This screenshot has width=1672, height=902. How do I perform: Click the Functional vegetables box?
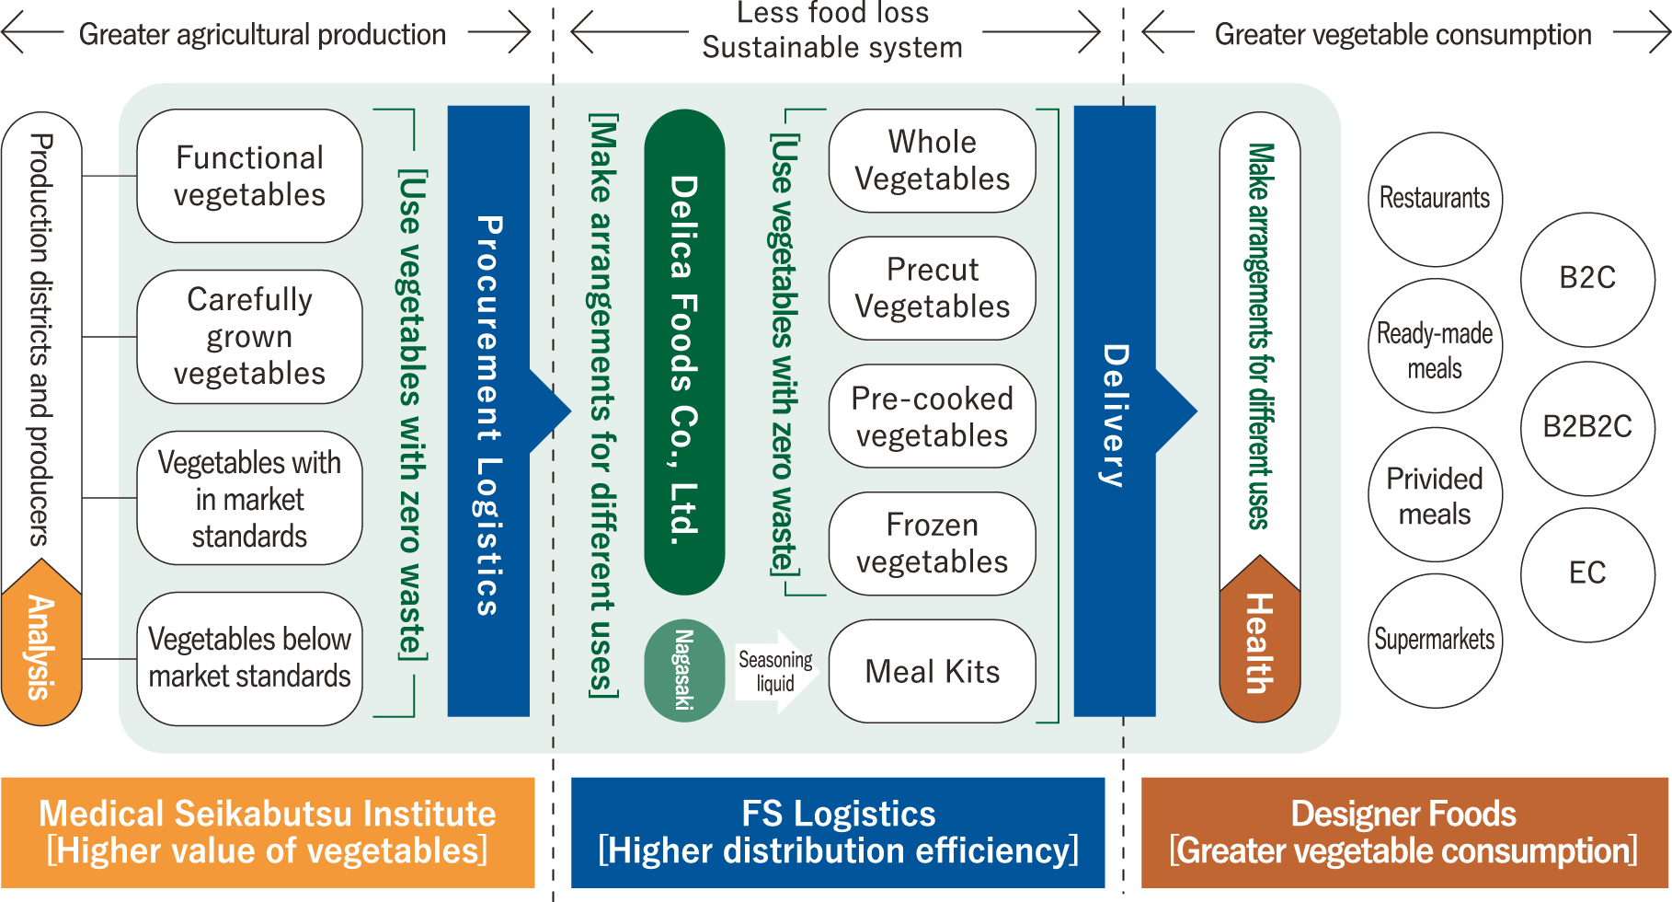tap(249, 176)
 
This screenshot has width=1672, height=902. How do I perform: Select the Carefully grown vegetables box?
tap(249, 337)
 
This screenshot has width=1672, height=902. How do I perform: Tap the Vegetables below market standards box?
tap(249, 658)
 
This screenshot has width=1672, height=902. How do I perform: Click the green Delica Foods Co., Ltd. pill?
tap(684, 353)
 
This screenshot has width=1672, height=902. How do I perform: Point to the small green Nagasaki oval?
tap(684, 670)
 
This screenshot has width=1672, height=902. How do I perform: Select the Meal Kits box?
tap(932, 671)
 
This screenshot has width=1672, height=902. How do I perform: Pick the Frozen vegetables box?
tap(932, 543)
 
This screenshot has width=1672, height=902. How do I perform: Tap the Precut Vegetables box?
tap(932, 288)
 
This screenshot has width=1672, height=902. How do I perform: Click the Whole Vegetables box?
tap(932, 161)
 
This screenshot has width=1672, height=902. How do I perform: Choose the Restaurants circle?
tap(1435, 199)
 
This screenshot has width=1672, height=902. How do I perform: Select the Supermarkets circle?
tap(1435, 641)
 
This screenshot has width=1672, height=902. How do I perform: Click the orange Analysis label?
tap(41, 649)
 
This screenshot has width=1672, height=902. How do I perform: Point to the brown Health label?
tap(1259, 644)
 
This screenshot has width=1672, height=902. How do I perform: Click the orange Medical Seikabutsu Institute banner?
tap(268, 832)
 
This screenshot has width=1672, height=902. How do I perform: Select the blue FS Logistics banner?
tap(838, 832)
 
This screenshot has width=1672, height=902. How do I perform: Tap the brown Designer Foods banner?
tap(1403, 832)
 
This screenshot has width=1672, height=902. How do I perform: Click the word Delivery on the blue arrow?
tap(1114, 414)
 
